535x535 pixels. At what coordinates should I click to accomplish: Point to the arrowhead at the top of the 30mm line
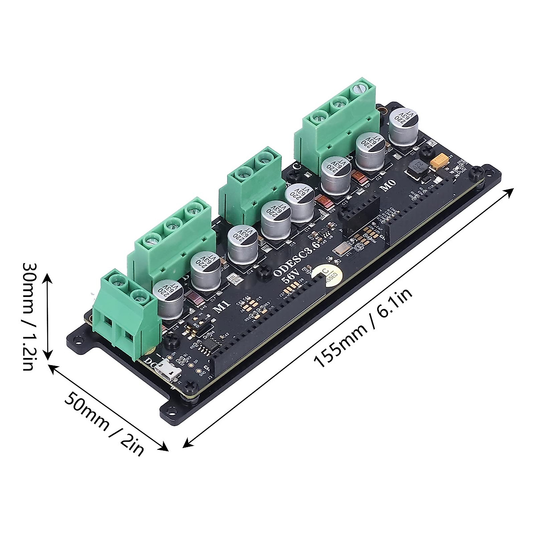48,280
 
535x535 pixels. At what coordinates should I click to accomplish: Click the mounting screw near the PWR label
477,171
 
